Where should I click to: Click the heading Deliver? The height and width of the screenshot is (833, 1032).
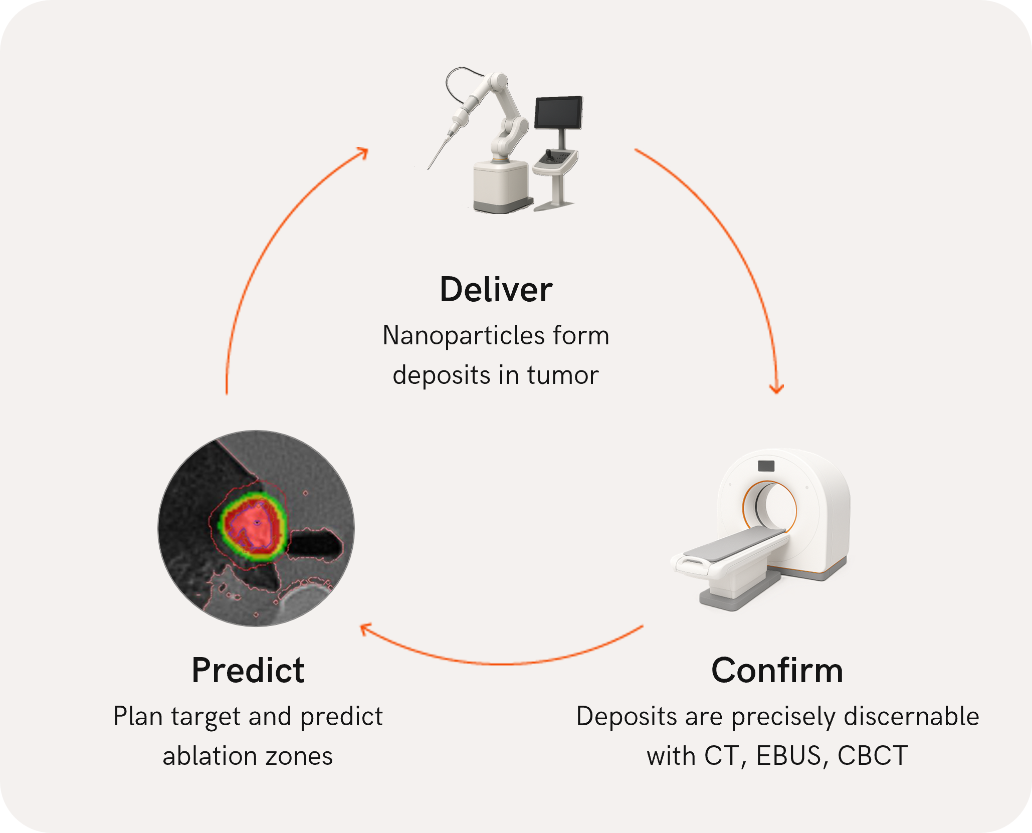click(x=496, y=290)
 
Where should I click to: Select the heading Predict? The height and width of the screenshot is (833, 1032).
click(x=248, y=671)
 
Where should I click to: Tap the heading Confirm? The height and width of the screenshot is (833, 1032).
click(x=777, y=671)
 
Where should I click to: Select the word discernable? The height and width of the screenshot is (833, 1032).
click(x=911, y=716)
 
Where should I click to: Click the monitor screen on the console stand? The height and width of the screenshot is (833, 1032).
click(x=558, y=112)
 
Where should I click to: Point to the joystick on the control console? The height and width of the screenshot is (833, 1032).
click(x=549, y=154)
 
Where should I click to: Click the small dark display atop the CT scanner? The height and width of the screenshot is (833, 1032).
click(x=766, y=466)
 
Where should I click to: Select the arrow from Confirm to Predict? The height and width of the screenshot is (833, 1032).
click(x=501, y=663)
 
